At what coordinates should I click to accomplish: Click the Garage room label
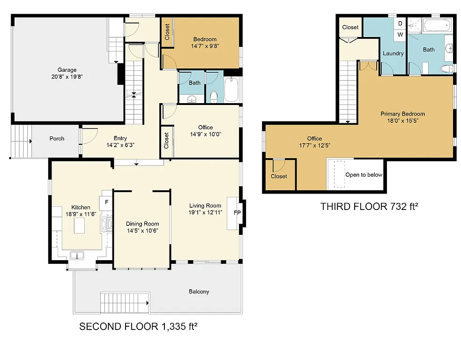[x=67, y=70]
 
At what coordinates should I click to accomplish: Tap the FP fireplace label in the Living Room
[x=237, y=212]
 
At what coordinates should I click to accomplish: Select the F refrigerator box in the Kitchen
[x=106, y=202]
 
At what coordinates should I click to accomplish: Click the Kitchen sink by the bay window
[x=77, y=255]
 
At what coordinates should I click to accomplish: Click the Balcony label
[x=199, y=292]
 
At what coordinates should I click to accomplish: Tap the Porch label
[x=57, y=139]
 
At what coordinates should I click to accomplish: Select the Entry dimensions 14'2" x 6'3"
[x=120, y=145]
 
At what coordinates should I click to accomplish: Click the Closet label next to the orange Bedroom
[x=167, y=32]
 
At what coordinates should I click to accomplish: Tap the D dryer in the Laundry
[x=400, y=23]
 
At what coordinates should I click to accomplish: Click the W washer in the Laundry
[x=400, y=34]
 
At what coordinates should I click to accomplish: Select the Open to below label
[x=364, y=175]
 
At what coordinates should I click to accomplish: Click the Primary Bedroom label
[x=402, y=114]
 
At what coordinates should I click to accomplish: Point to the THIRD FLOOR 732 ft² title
[x=369, y=206]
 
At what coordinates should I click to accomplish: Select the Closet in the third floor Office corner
[x=279, y=176]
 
